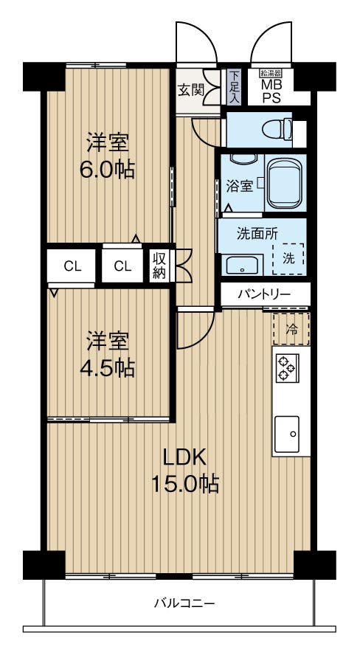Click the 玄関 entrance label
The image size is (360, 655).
(191, 90)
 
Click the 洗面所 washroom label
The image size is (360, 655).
(257, 235)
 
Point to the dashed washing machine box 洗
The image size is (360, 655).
(288, 259)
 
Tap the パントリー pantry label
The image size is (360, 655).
(264, 294)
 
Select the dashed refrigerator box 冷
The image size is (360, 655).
(291, 329)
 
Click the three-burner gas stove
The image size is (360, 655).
(286, 367)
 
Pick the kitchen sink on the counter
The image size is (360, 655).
(286, 434)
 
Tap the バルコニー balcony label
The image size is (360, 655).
(184, 603)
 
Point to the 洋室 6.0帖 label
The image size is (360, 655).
(107, 156)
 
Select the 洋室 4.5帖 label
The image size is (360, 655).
(107, 354)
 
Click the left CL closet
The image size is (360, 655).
(73, 266)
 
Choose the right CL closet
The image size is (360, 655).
(122, 266)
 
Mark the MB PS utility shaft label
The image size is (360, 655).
(271, 91)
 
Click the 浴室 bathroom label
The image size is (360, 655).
(239, 187)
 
